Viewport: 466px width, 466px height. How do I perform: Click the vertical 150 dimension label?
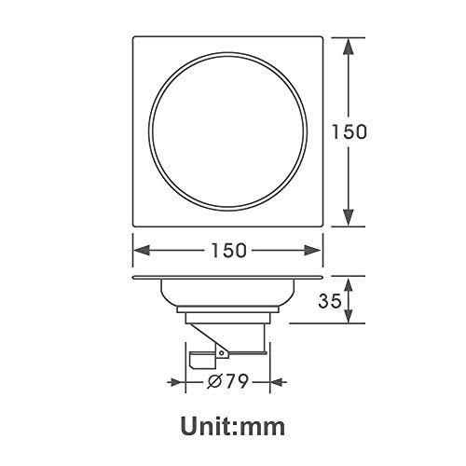[349, 131]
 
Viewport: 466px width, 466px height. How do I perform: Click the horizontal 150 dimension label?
[229, 251]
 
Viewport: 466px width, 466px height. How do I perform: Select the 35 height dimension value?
[330, 300]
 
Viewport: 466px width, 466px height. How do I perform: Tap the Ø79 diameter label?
[228, 381]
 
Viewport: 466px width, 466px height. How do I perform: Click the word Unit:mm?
[233, 427]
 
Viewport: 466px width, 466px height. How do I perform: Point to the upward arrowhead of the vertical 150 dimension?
[349, 47]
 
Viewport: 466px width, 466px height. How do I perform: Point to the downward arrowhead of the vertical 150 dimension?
[349, 217]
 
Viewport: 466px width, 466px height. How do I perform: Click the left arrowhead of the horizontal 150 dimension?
[142, 250]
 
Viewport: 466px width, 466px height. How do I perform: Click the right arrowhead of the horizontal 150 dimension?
[312, 250]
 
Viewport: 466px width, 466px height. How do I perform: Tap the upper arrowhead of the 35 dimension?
[349, 285]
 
